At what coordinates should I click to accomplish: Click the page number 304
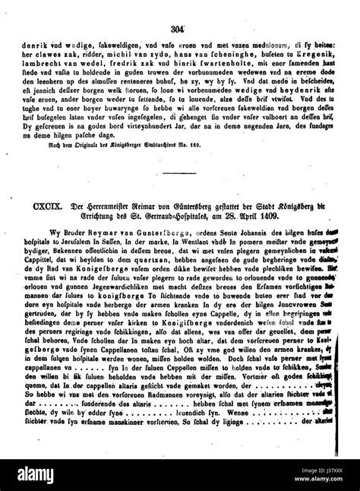(x=179, y=8)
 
